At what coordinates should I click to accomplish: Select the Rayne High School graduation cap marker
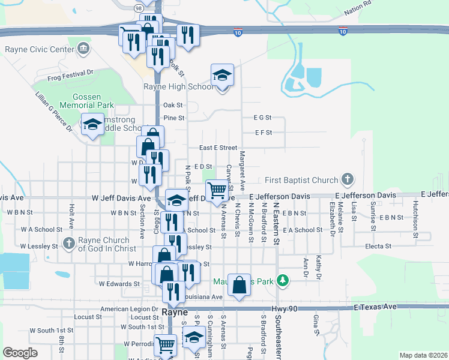pyautogui.click(x=222, y=76)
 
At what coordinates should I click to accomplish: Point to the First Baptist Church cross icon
pyautogui.click(x=347, y=179)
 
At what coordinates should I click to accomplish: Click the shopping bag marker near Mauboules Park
pyautogui.click(x=239, y=284)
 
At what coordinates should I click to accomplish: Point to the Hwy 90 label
pyautogui.click(x=285, y=308)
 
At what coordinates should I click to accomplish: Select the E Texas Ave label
pyautogui.click(x=376, y=307)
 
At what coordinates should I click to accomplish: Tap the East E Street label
pyautogui.click(x=218, y=148)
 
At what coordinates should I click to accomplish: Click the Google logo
pyautogui.click(x=20, y=353)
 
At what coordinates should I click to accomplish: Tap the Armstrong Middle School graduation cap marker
pyautogui.click(x=92, y=125)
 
